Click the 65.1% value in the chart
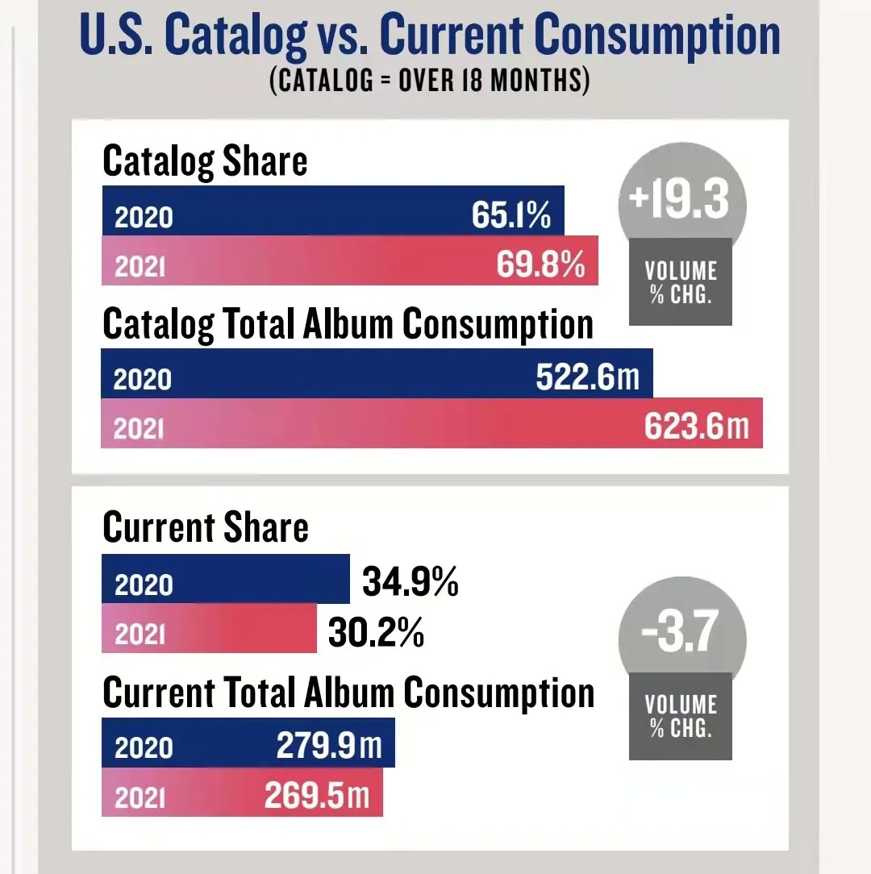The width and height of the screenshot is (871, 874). tap(511, 215)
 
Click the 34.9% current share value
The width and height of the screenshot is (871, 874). tap(410, 581)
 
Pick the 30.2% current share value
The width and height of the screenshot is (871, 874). tap(376, 634)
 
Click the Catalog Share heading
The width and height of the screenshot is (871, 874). tap(205, 161)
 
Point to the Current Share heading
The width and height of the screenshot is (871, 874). tap(206, 527)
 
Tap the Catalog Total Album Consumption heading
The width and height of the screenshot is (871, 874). tap(348, 324)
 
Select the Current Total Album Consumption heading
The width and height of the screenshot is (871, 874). tap(348, 693)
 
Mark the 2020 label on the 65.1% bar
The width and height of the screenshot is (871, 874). tap(144, 218)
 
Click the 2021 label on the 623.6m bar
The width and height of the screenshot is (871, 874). tap(139, 429)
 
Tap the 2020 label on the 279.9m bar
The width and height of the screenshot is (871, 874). tap(144, 749)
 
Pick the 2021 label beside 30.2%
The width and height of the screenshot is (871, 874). tap(140, 635)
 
